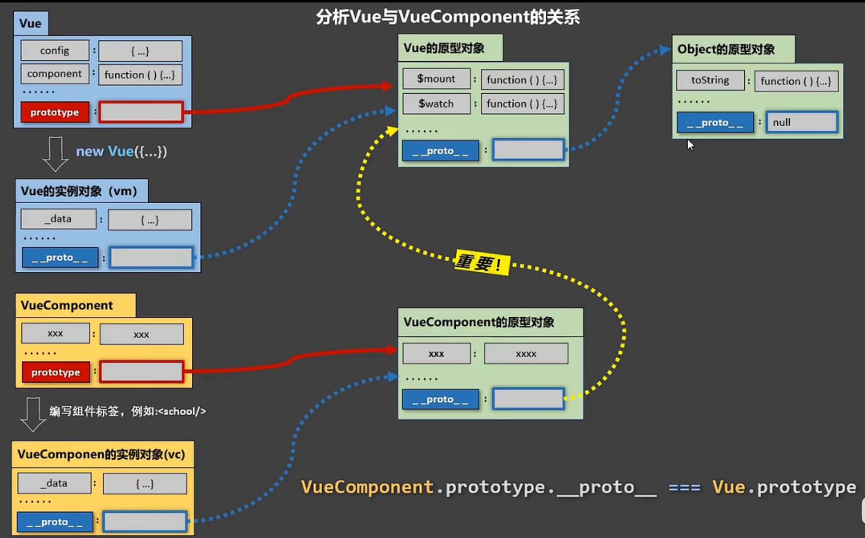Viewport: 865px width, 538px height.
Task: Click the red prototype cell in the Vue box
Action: coord(55,112)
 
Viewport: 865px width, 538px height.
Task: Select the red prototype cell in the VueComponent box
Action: coord(56,372)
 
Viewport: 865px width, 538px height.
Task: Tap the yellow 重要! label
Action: coord(482,262)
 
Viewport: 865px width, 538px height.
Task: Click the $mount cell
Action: coord(436,79)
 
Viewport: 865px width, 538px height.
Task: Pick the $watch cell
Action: coord(436,104)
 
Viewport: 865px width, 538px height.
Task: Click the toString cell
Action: coord(710,80)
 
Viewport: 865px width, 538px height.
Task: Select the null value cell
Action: coord(802,122)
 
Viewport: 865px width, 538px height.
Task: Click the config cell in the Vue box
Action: coord(55,51)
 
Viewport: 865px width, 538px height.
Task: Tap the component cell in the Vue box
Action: coord(55,74)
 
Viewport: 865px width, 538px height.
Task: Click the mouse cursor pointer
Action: coord(690,144)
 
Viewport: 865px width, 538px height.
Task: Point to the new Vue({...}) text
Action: coord(121,152)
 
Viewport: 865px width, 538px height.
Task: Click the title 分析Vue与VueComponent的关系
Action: coord(448,17)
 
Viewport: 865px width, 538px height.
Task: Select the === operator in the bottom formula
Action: coord(684,487)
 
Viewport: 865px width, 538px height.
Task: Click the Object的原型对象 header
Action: coord(726,49)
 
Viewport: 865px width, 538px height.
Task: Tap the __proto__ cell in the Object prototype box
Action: coord(715,122)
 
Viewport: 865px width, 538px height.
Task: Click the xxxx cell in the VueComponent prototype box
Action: coord(526,354)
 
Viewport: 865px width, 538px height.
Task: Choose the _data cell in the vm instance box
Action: coord(58,219)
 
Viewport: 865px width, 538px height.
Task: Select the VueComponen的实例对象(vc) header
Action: coord(101,454)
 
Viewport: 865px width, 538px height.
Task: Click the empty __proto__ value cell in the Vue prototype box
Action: coord(528,150)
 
